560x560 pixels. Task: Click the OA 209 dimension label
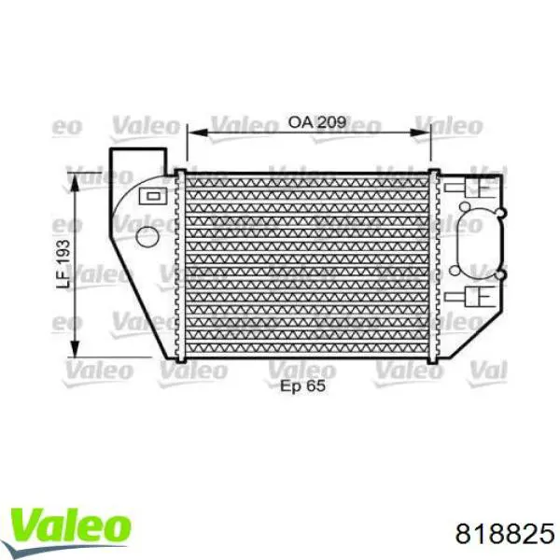(x=317, y=122)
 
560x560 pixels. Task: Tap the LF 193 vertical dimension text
(x=63, y=264)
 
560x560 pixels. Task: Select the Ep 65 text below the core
(x=302, y=386)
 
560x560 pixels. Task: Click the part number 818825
(x=505, y=534)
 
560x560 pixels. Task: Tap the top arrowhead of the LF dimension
(x=75, y=183)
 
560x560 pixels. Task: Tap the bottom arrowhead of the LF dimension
(x=75, y=347)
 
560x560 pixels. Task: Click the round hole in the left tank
(x=147, y=237)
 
